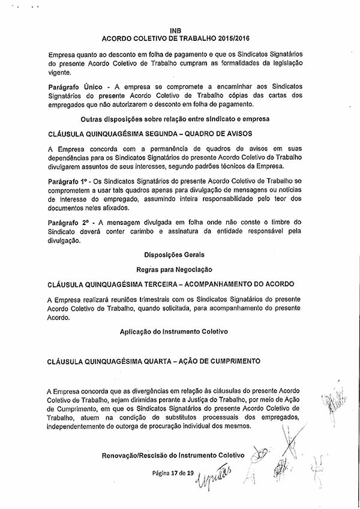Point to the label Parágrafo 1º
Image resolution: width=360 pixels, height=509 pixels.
(x=67, y=181)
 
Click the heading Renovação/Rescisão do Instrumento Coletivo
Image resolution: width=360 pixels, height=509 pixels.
(x=173, y=456)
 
